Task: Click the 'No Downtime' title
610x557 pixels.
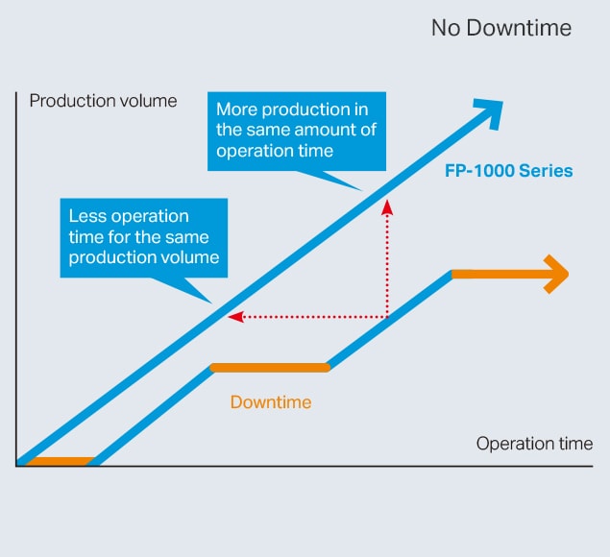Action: point(501,28)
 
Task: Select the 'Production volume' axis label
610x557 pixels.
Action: point(103,101)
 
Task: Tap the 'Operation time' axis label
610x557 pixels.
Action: point(534,444)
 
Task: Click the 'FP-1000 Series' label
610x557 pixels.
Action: point(508,171)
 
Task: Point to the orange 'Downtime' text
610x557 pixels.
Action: point(271,402)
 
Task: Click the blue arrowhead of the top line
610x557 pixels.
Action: point(490,112)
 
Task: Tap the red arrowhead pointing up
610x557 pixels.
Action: point(387,207)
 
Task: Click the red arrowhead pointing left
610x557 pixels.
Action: point(235,317)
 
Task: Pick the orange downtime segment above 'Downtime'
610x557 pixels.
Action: point(270,368)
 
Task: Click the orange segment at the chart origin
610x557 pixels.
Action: point(61,461)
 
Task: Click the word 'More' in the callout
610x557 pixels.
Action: point(236,109)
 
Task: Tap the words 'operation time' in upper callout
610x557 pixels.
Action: point(275,151)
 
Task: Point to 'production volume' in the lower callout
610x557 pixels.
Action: point(144,257)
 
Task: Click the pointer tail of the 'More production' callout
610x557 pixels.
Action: point(330,180)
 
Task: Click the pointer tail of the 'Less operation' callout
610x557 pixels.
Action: point(183,289)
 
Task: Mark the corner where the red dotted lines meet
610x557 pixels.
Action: point(387,317)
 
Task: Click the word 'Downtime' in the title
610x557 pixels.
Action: point(519,28)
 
